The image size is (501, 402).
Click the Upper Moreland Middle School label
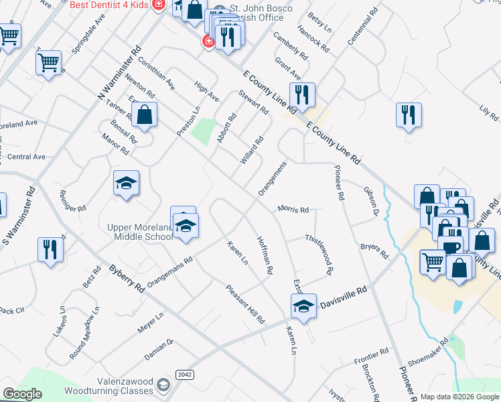tap(140, 232)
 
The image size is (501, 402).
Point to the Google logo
tap(21, 394)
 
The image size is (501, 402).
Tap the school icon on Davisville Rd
tap(303, 308)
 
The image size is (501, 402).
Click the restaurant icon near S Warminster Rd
tap(50, 249)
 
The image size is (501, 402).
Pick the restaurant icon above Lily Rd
tap(408, 115)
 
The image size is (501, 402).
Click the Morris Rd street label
tap(293, 210)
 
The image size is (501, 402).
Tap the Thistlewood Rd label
tap(319, 255)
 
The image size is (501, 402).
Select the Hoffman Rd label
tap(265, 255)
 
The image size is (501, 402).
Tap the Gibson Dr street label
tap(371, 201)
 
